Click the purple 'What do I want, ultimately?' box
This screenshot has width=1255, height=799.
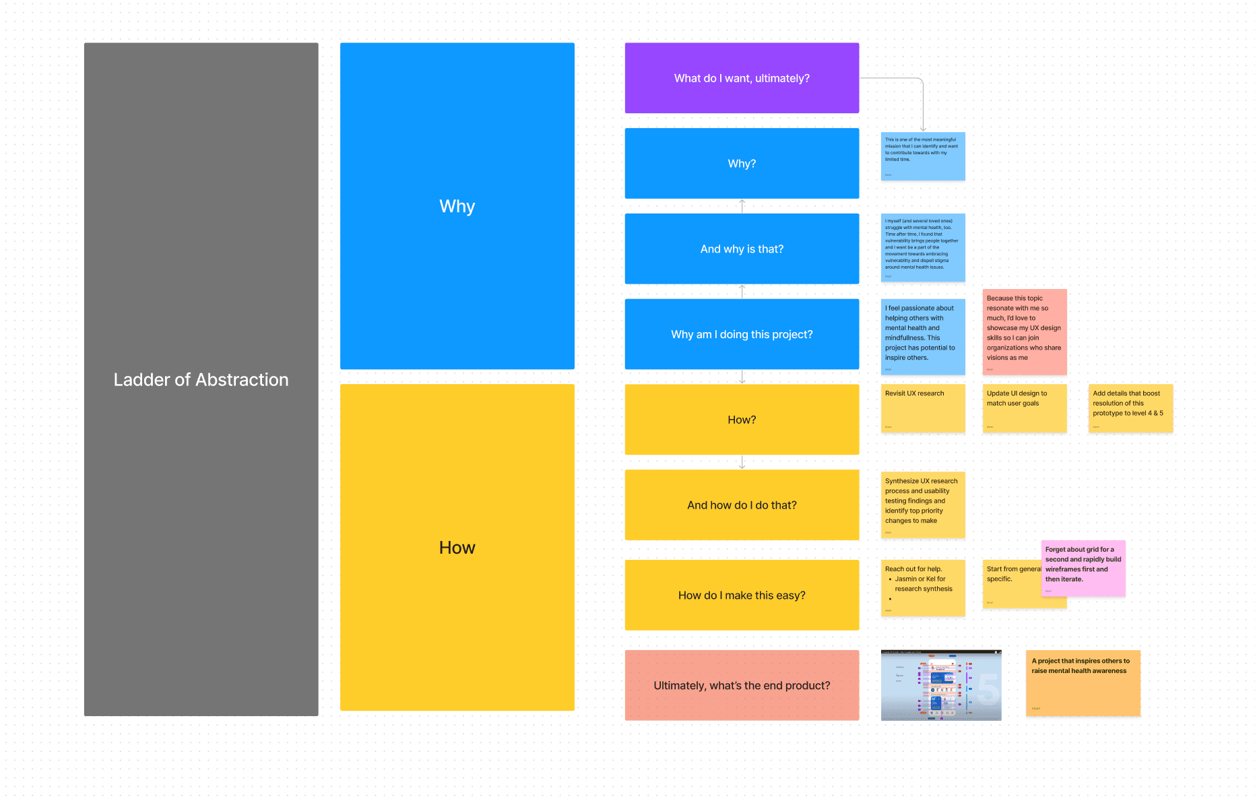click(742, 78)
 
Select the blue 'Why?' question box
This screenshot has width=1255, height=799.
click(742, 164)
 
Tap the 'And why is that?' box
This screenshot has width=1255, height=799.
click(742, 249)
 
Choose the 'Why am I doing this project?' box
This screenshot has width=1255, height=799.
click(742, 334)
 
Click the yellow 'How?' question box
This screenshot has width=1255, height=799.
click(742, 420)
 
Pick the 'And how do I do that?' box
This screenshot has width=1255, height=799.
click(742, 505)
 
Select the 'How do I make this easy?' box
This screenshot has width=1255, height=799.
click(742, 596)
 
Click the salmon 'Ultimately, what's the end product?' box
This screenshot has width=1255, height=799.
click(742, 685)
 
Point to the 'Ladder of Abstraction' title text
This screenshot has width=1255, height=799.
click(201, 380)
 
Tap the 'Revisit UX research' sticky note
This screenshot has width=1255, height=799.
click(923, 408)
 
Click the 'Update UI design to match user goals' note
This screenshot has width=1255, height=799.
click(1024, 408)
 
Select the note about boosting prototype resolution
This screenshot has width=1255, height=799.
click(1130, 408)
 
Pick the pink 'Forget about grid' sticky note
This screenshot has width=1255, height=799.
click(1083, 568)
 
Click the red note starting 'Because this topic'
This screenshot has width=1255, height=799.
click(1024, 331)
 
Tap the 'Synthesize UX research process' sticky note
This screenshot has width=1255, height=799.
click(923, 505)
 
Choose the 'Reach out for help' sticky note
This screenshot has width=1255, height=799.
click(923, 588)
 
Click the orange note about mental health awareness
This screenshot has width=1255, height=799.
click(1083, 683)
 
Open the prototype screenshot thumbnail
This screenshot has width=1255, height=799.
click(941, 685)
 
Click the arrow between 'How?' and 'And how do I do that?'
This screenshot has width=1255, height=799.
click(742, 462)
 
